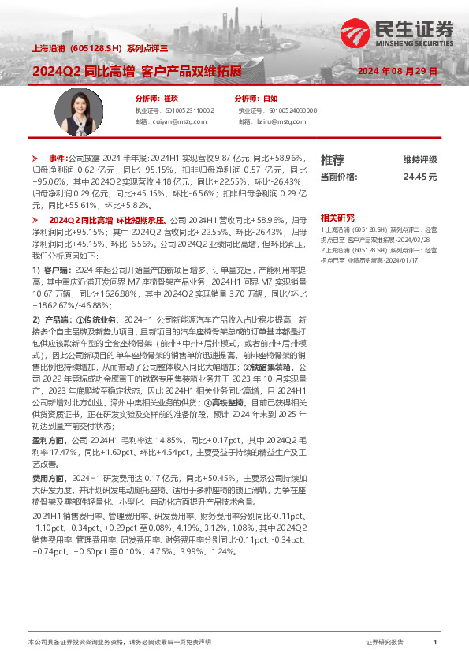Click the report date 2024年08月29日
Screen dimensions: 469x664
click(x=396, y=71)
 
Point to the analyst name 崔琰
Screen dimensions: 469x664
click(x=171, y=99)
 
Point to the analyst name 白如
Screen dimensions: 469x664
click(x=270, y=99)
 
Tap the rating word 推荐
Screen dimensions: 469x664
click(x=332, y=159)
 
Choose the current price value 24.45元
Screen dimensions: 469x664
click(x=419, y=177)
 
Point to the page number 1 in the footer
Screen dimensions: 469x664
click(x=435, y=643)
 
